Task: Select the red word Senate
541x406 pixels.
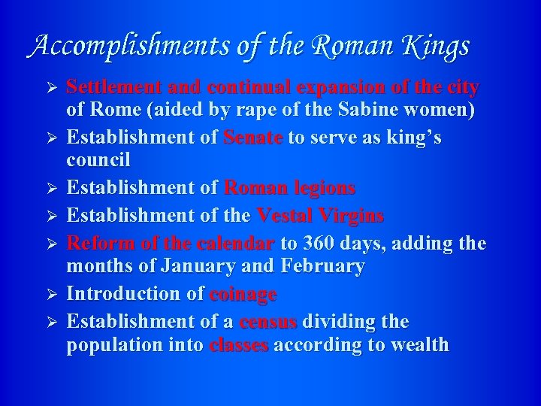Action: pyautogui.click(x=253, y=138)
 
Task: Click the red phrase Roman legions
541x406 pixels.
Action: pyautogui.click(x=290, y=188)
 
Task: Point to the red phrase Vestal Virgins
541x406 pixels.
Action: pyautogui.click(x=320, y=216)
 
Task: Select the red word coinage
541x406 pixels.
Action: pyautogui.click(x=243, y=294)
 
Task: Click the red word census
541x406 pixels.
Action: pyautogui.click(x=268, y=322)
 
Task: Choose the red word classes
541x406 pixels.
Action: pyautogui.click(x=239, y=346)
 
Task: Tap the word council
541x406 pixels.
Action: pyautogui.click(x=98, y=161)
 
